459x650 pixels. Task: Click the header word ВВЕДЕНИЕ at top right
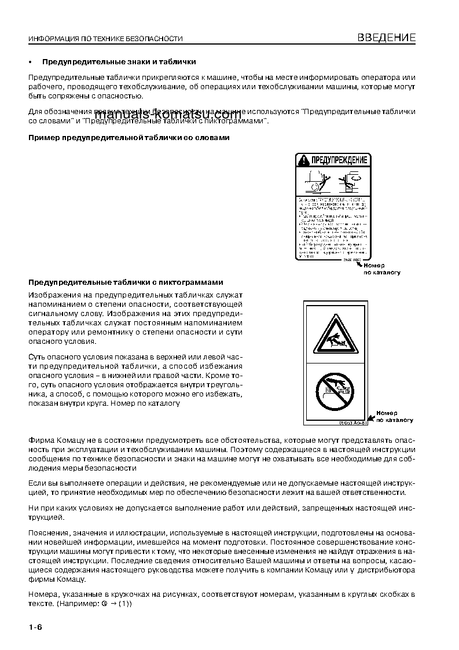[386, 38]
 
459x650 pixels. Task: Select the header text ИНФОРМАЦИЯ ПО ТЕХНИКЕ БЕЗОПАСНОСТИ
[105, 39]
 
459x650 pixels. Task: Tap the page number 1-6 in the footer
[36, 627]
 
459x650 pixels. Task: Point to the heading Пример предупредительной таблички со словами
[128, 138]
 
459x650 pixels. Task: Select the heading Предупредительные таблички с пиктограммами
[126, 282]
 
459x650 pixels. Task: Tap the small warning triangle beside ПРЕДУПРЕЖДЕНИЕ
[303, 159]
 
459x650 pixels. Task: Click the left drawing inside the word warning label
[315, 181]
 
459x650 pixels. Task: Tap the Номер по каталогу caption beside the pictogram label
[395, 417]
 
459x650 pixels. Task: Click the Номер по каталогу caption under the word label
[382, 269]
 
